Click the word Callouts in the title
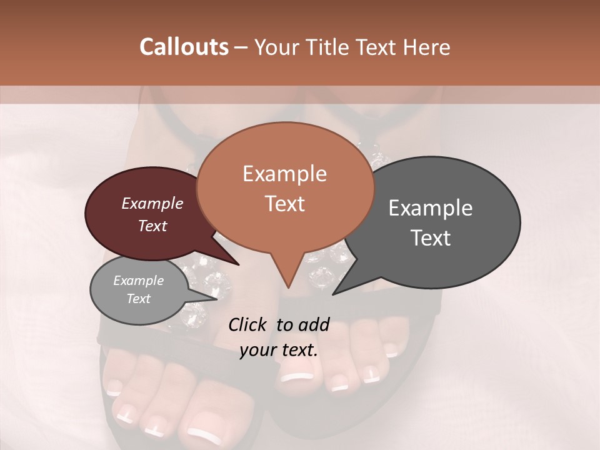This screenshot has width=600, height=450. pos(184,47)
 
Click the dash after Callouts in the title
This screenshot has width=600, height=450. pos(242,47)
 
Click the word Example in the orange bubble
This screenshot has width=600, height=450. pos(284,174)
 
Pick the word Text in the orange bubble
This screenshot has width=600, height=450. pos(284,204)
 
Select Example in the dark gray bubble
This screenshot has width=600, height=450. pos(431,208)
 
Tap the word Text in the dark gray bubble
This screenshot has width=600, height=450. pos(431,238)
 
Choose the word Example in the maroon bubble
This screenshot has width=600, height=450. pos(152,203)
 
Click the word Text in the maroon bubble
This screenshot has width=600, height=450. pos(152,226)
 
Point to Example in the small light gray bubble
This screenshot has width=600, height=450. pos(138,281)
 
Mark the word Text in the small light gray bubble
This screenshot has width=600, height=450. pos(138,299)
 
